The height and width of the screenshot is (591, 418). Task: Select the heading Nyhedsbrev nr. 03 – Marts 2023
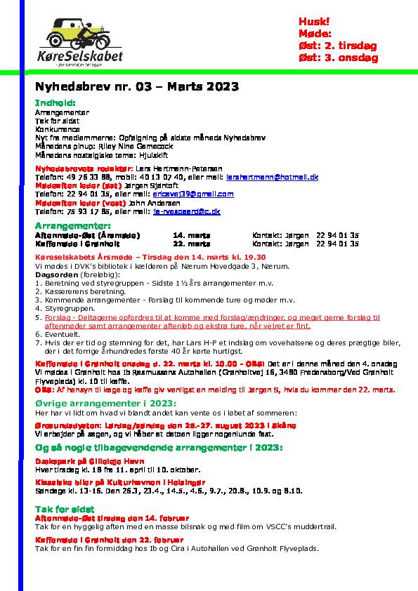pos(137,87)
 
